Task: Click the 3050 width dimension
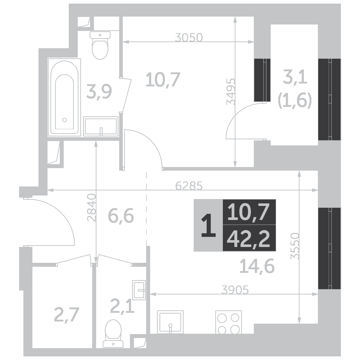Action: click(x=189, y=37)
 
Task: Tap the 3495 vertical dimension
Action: click(x=231, y=91)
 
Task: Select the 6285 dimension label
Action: click(x=189, y=186)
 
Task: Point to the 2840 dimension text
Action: click(x=91, y=207)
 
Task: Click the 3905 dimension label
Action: click(x=235, y=290)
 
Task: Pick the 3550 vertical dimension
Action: click(x=295, y=246)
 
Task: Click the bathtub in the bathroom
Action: click(x=64, y=97)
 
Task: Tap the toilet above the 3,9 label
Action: click(x=100, y=45)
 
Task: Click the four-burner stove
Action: click(x=229, y=322)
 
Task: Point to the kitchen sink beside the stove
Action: click(x=170, y=322)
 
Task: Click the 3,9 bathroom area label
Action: click(x=99, y=92)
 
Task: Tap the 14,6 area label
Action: click(x=257, y=266)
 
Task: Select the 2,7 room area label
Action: click(x=67, y=315)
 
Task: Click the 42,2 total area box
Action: click(x=249, y=238)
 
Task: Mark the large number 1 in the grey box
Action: click(x=208, y=225)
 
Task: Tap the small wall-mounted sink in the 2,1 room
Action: click(x=139, y=290)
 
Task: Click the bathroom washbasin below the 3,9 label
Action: click(x=101, y=126)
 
